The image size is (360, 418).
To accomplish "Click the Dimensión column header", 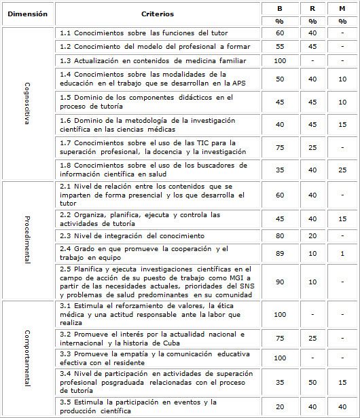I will (x=28, y=14).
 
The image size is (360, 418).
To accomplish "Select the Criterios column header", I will (x=158, y=14).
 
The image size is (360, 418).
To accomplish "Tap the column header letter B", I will (x=279, y=8).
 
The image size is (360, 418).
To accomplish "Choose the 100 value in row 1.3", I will (x=279, y=61).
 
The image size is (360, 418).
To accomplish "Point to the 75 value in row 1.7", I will (x=279, y=147).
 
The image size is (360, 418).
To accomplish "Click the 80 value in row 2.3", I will (x=279, y=236).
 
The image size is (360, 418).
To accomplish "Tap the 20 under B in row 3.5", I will (x=279, y=407).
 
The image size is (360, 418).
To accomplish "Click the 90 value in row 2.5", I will (x=279, y=281).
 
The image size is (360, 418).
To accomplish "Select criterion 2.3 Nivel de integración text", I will (x=132, y=236).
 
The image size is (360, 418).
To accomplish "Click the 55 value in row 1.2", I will (x=279, y=47).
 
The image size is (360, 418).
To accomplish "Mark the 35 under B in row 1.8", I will (x=279, y=170).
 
